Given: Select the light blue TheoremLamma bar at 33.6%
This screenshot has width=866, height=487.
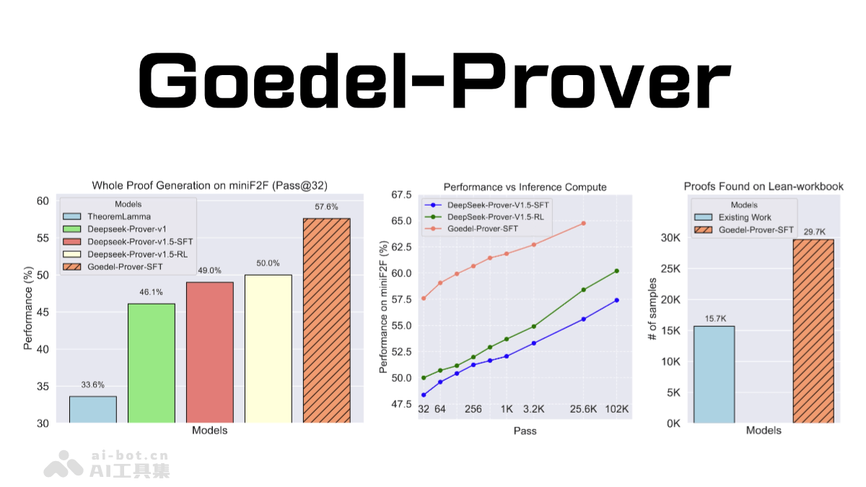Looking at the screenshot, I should (93, 410).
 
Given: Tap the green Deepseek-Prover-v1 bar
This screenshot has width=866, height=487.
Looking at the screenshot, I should (152, 363).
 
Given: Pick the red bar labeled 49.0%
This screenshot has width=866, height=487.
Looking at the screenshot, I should (210, 352).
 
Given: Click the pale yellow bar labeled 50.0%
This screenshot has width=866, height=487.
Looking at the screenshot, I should (268, 348).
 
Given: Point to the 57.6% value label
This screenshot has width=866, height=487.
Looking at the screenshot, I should (326, 207).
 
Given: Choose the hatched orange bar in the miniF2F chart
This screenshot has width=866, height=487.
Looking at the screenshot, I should (326, 320).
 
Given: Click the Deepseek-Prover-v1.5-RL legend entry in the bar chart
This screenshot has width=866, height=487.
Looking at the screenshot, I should (126, 255).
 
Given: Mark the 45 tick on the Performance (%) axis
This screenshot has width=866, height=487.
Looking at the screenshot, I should (45, 312).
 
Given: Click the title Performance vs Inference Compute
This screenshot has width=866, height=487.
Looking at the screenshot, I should (525, 188).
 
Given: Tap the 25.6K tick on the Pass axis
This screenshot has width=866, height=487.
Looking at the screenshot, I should (583, 409).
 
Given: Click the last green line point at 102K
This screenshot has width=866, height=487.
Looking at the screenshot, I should (617, 271).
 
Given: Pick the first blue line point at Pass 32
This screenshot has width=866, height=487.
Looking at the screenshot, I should (424, 395).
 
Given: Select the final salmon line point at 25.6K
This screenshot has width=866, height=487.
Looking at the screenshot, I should (583, 223).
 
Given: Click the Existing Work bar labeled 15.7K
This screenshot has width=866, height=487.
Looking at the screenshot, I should (714, 374).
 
